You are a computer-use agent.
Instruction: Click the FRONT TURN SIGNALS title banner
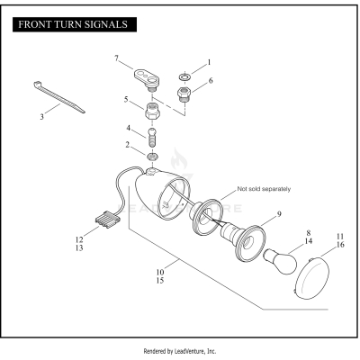tap(75, 24)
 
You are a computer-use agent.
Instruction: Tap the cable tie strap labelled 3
tap(58, 97)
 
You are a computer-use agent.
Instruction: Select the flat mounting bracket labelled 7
tap(147, 79)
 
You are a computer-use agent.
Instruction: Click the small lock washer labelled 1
tap(184, 76)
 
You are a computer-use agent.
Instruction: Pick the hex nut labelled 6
tap(184, 94)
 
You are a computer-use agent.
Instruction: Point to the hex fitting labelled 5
tap(152, 111)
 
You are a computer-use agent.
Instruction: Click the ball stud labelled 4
tap(152, 137)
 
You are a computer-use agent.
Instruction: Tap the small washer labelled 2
tap(152, 156)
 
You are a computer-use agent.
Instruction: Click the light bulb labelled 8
tap(280, 261)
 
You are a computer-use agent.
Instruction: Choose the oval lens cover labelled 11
tap(311, 278)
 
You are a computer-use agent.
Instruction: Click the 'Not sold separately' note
tap(264, 189)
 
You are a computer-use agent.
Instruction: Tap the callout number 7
tap(117, 58)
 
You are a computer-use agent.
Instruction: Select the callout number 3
tap(42, 117)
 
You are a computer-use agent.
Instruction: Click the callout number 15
tap(160, 281)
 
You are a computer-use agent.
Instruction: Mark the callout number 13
tap(79, 248)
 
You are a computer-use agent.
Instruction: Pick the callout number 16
tap(340, 245)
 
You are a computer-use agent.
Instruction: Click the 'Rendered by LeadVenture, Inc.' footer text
tap(180, 351)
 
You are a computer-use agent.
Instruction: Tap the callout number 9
tap(279, 214)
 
